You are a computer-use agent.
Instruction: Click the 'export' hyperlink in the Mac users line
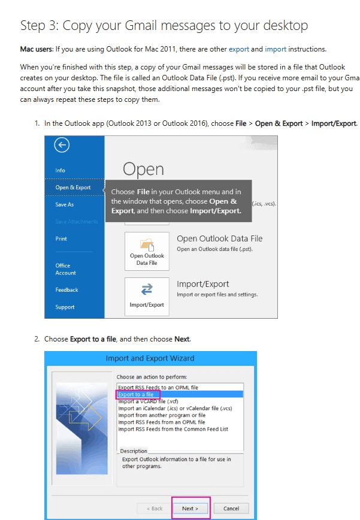[238, 49]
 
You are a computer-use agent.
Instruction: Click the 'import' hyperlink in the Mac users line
[276, 49]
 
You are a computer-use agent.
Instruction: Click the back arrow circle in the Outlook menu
[61, 145]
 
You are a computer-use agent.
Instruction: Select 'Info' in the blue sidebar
[60, 170]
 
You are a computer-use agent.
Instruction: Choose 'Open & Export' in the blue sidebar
[73, 188]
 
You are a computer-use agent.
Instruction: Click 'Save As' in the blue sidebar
[65, 204]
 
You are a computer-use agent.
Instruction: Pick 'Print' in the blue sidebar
[61, 238]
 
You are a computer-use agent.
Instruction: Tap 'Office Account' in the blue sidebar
[66, 269]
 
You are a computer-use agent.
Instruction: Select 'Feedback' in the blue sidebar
[67, 290]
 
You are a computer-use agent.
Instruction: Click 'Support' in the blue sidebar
[65, 307]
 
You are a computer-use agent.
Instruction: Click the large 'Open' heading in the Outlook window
[143, 169]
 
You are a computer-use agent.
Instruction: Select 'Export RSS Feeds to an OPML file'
[158, 388]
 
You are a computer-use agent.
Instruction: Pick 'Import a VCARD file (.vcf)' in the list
[148, 401]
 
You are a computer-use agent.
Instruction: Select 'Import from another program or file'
[162, 415]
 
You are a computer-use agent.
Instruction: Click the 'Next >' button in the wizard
[190, 509]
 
